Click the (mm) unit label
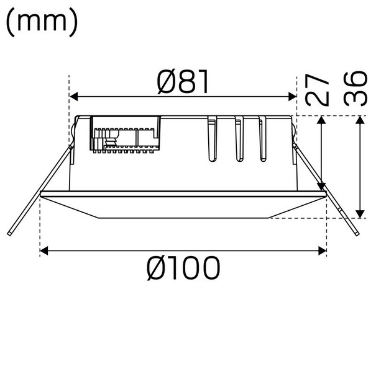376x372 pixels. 42,22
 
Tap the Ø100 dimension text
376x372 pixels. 183,268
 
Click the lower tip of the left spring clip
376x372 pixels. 11,234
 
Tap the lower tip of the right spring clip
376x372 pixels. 357,234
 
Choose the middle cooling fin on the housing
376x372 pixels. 239,139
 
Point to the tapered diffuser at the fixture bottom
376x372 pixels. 183,208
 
